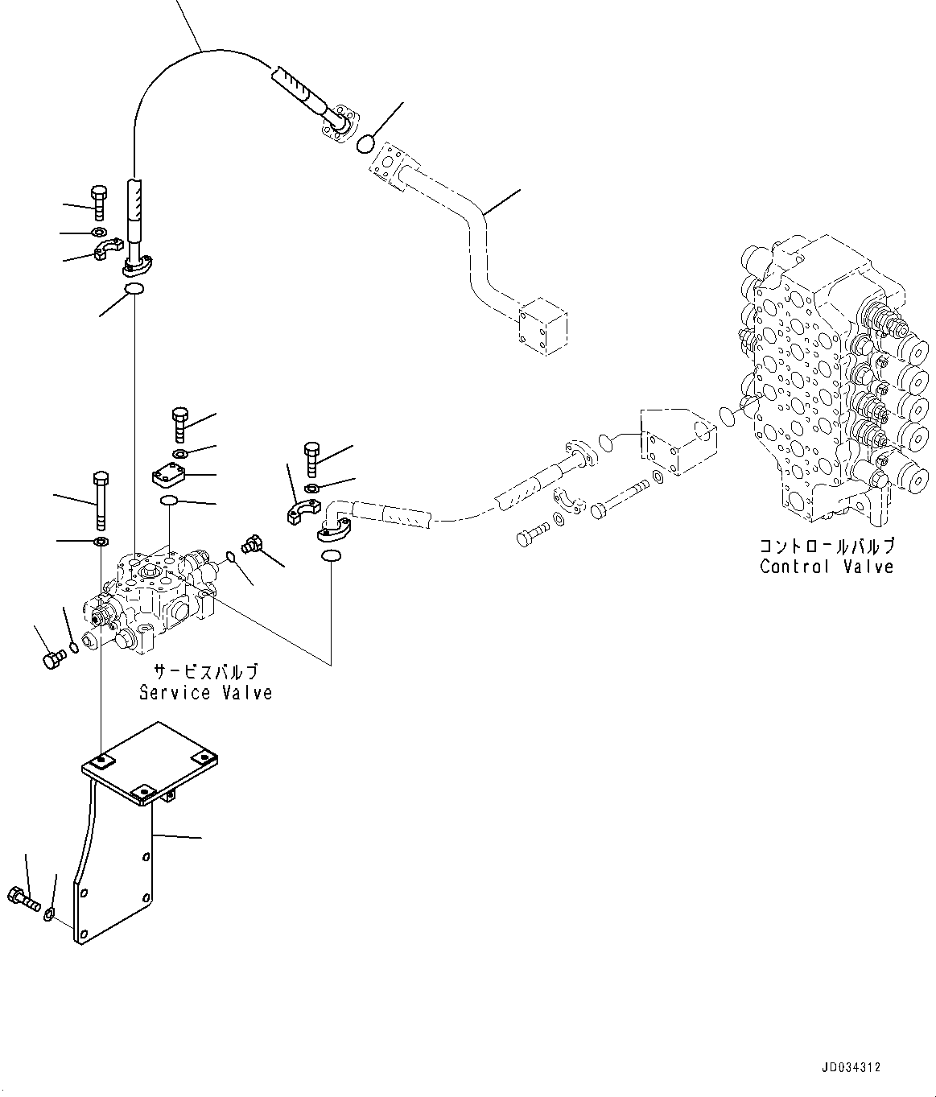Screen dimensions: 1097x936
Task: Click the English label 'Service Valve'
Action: pos(205,693)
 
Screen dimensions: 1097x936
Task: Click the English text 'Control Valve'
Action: pos(827,567)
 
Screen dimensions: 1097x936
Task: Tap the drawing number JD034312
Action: pos(851,1067)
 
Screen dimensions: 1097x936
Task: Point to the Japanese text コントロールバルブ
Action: pos(827,546)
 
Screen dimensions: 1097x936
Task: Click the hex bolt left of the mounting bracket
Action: pos(23,898)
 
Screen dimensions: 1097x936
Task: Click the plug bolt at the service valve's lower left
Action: pos(52,659)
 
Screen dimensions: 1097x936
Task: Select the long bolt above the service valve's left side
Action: pos(101,500)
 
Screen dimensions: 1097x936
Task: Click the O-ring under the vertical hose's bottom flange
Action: pos(134,290)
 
